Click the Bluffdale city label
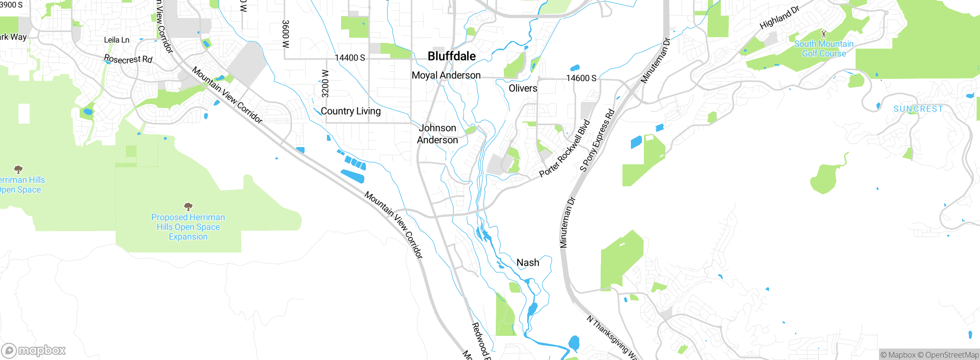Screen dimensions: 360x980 [x=452, y=56]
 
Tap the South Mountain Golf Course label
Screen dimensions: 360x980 [x=824, y=49]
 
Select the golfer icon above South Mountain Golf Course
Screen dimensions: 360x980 [x=824, y=34]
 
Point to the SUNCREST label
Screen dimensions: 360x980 [x=918, y=109]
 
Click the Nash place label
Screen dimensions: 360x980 [x=528, y=263]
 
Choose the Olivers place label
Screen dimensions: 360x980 [x=523, y=88]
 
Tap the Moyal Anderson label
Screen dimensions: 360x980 [x=446, y=75]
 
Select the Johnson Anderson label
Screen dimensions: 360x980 [x=438, y=134]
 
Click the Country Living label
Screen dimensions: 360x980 [x=351, y=111]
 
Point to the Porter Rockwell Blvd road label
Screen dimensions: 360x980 [x=565, y=149]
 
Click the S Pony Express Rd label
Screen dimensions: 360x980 [x=597, y=141]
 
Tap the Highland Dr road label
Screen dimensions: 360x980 [x=779, y=18]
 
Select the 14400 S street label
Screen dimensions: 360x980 [x=350, y=58]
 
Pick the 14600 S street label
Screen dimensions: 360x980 [x=581, y=78]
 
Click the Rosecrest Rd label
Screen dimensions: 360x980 [x=128, y=59]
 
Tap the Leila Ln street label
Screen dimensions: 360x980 [x=117, y=40]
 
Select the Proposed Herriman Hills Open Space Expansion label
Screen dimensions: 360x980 [x=188, y=227]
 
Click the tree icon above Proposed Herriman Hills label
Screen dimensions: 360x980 [x=188, y=207]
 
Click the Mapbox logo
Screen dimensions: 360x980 [x=34, y=350]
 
